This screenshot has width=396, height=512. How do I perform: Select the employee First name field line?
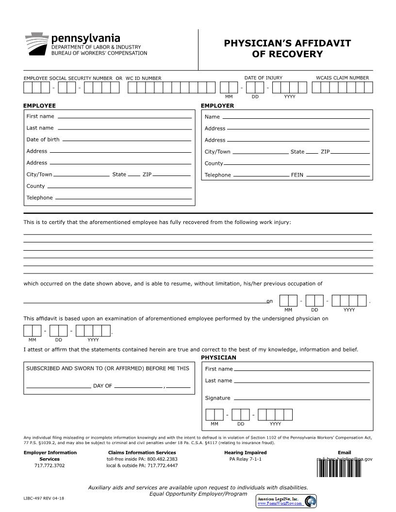(x=124, y=117)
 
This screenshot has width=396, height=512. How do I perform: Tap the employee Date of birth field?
(x=127, y=141)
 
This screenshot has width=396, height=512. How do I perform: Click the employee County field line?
(x=119, y=187)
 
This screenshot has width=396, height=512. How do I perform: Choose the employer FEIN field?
(x=338, y=176)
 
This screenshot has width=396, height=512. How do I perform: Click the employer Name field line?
(x=296, y=118)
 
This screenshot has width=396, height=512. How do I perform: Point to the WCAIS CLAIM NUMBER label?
(x=342, y=78)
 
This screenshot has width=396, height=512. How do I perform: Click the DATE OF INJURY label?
(x=263, y=78)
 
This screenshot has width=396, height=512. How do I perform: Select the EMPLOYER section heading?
(x=217, y=106)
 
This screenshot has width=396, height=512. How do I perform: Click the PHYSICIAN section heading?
(x=218, y=358)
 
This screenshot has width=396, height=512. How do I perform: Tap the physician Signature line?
(x=302, y=399)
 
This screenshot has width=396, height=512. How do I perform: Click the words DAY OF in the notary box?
(x=102, y=386)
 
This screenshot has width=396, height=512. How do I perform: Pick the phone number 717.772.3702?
(x=49, y=465)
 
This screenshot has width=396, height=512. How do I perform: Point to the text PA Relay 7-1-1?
(x=245, y=459)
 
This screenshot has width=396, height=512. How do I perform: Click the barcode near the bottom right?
(x=340, y=467)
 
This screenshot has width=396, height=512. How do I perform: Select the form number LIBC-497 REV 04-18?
(x=44, y=498)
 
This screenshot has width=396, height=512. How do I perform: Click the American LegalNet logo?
(x=286, y=501)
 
